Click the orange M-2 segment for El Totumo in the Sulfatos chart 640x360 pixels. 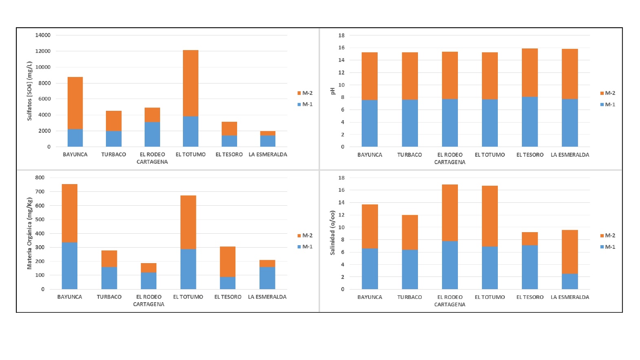tap(191, 83)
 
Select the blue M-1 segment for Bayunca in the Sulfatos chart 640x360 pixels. tap(75, 138)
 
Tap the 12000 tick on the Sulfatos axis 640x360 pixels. tap(43, 51)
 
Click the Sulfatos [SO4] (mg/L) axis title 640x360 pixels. tap(29, 91)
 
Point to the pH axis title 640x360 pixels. tap(332, 91)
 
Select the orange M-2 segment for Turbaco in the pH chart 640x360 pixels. tap(409, 76)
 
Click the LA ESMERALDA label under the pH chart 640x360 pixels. tap(570, 155)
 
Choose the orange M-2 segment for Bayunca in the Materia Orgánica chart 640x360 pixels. tap(70, 213)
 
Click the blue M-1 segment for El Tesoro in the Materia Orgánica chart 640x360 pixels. tap(228, 283)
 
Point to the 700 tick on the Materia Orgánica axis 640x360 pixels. tap(40, 191)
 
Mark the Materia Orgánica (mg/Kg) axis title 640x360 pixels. tap(29, 233)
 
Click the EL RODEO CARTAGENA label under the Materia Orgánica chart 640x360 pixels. tap(149, 301)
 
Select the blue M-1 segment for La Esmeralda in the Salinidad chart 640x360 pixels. tap(570, 281)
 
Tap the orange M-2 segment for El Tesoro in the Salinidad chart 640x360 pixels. tap(530, 239)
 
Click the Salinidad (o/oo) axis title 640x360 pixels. tap(332, 233)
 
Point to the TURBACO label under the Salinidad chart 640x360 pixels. tap(409, 297)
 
